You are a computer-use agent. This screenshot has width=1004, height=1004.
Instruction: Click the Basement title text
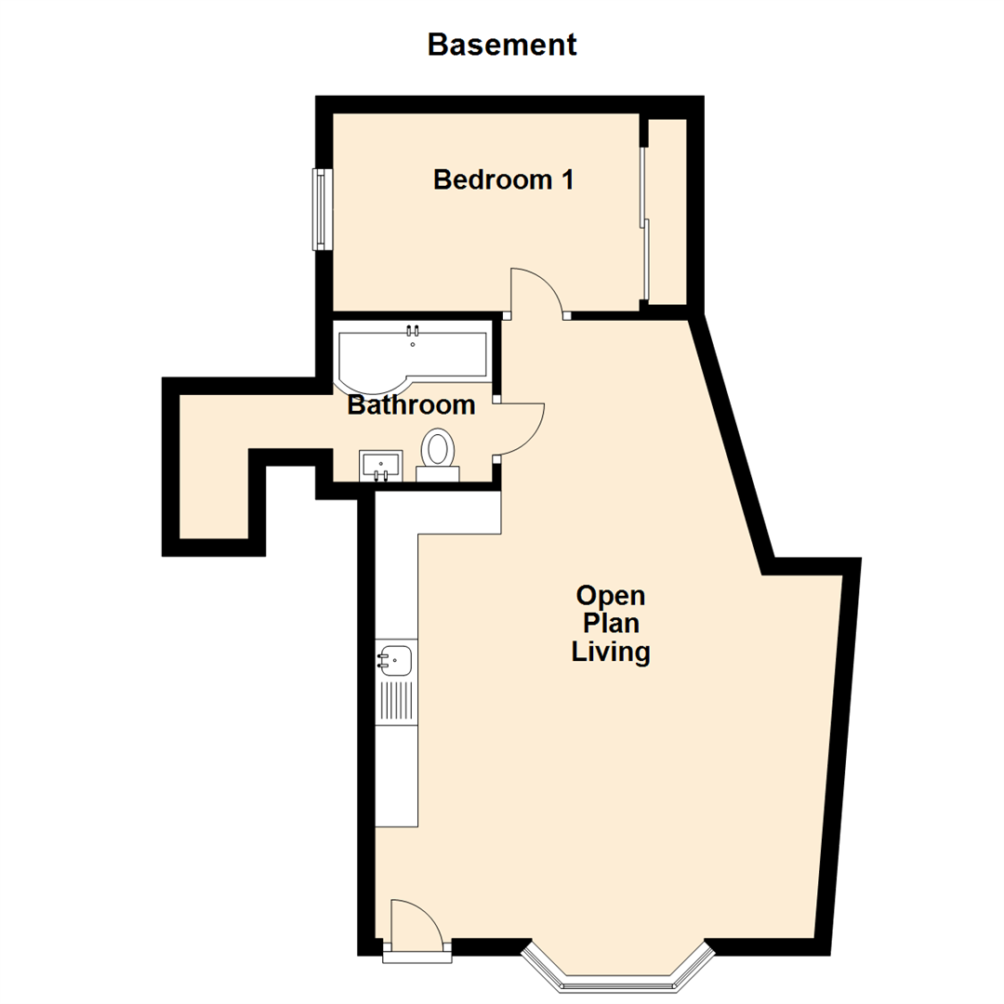tap(502, 44)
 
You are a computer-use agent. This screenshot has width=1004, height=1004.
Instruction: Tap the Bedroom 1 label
tap(502, 179)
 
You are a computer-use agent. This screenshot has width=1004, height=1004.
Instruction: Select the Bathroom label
tap(411, 405)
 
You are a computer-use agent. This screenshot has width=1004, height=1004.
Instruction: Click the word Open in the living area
tap(610, 595)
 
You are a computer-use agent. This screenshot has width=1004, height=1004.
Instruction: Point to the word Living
tap(610, 653)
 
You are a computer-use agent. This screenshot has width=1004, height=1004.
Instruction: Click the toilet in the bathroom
tap(437, 448)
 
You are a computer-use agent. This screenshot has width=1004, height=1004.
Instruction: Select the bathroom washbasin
tap(380, 464)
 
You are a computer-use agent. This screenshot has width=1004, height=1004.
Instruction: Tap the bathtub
tap(414, 358)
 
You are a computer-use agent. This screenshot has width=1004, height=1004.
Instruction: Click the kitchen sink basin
tap(395, 661)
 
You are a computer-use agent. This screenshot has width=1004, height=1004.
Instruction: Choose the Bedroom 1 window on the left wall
tap(322, 209)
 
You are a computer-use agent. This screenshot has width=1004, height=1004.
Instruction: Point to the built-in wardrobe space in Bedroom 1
tap(667, 211)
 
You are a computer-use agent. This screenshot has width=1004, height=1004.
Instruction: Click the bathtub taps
tap(413, 330)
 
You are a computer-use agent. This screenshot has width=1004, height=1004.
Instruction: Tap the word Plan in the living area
tap(610, 624)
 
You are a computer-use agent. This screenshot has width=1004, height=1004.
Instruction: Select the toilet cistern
tap(437, 474)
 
